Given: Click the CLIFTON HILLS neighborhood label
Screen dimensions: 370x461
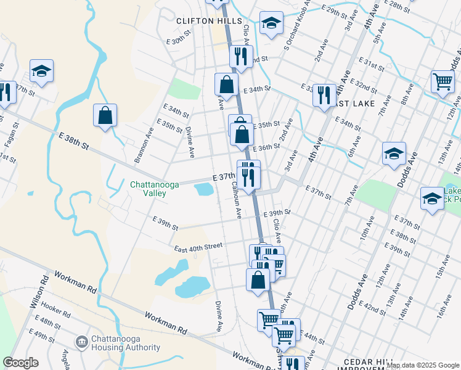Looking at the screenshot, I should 209,20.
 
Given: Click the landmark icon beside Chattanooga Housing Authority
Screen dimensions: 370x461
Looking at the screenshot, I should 81,342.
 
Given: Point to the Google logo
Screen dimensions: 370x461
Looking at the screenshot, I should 20,363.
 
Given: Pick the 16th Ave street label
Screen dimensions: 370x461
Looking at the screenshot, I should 444,306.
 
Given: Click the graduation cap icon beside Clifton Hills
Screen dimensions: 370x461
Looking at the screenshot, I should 271,23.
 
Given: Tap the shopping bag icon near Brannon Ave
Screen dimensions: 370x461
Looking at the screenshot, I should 105,115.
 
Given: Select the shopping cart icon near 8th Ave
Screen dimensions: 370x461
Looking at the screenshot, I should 442,81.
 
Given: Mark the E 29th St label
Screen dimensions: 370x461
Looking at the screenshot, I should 339,12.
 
